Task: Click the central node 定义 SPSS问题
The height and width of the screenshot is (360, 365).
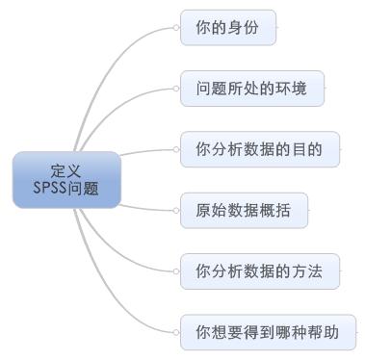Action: coord(66,178)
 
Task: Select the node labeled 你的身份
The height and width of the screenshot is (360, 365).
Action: coord(228,28)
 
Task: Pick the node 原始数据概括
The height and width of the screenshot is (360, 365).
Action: coord(245,210)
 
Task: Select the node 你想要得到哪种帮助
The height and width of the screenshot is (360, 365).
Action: coord(268,332)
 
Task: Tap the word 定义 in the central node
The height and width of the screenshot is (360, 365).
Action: coord(66,169)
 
